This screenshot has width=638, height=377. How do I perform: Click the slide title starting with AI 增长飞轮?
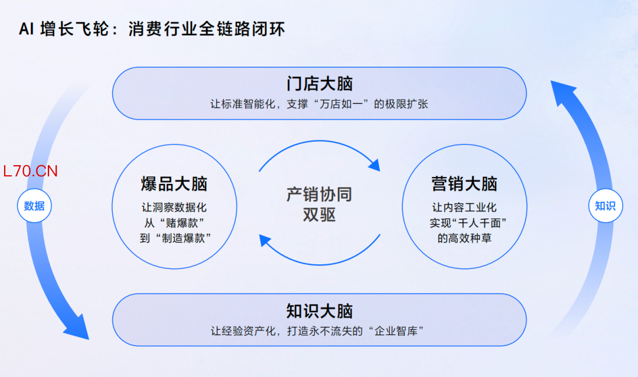[x=152, y=29]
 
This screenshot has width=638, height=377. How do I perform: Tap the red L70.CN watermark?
[x=30, y=171]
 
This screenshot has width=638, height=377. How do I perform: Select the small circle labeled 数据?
[x=34, y=205]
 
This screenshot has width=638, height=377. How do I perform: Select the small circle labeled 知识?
[x=606, y=205]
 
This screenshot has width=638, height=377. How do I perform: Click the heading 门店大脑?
[x=320, y=84]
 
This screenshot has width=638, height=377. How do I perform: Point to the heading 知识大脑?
[x=320, y=311]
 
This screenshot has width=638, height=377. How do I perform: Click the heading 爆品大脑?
[x=174, y=183]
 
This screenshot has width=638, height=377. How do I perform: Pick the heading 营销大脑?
[x=464, y=183]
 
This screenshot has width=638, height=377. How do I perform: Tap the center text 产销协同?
[x=320, y=194]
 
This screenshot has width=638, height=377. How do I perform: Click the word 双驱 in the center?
[x=320, y=215]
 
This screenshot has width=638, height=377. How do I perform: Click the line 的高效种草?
[x=464, y=238]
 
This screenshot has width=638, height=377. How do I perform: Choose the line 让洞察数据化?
[x=174, y=207]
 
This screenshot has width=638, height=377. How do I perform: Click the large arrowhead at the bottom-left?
[x=77, y=327]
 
